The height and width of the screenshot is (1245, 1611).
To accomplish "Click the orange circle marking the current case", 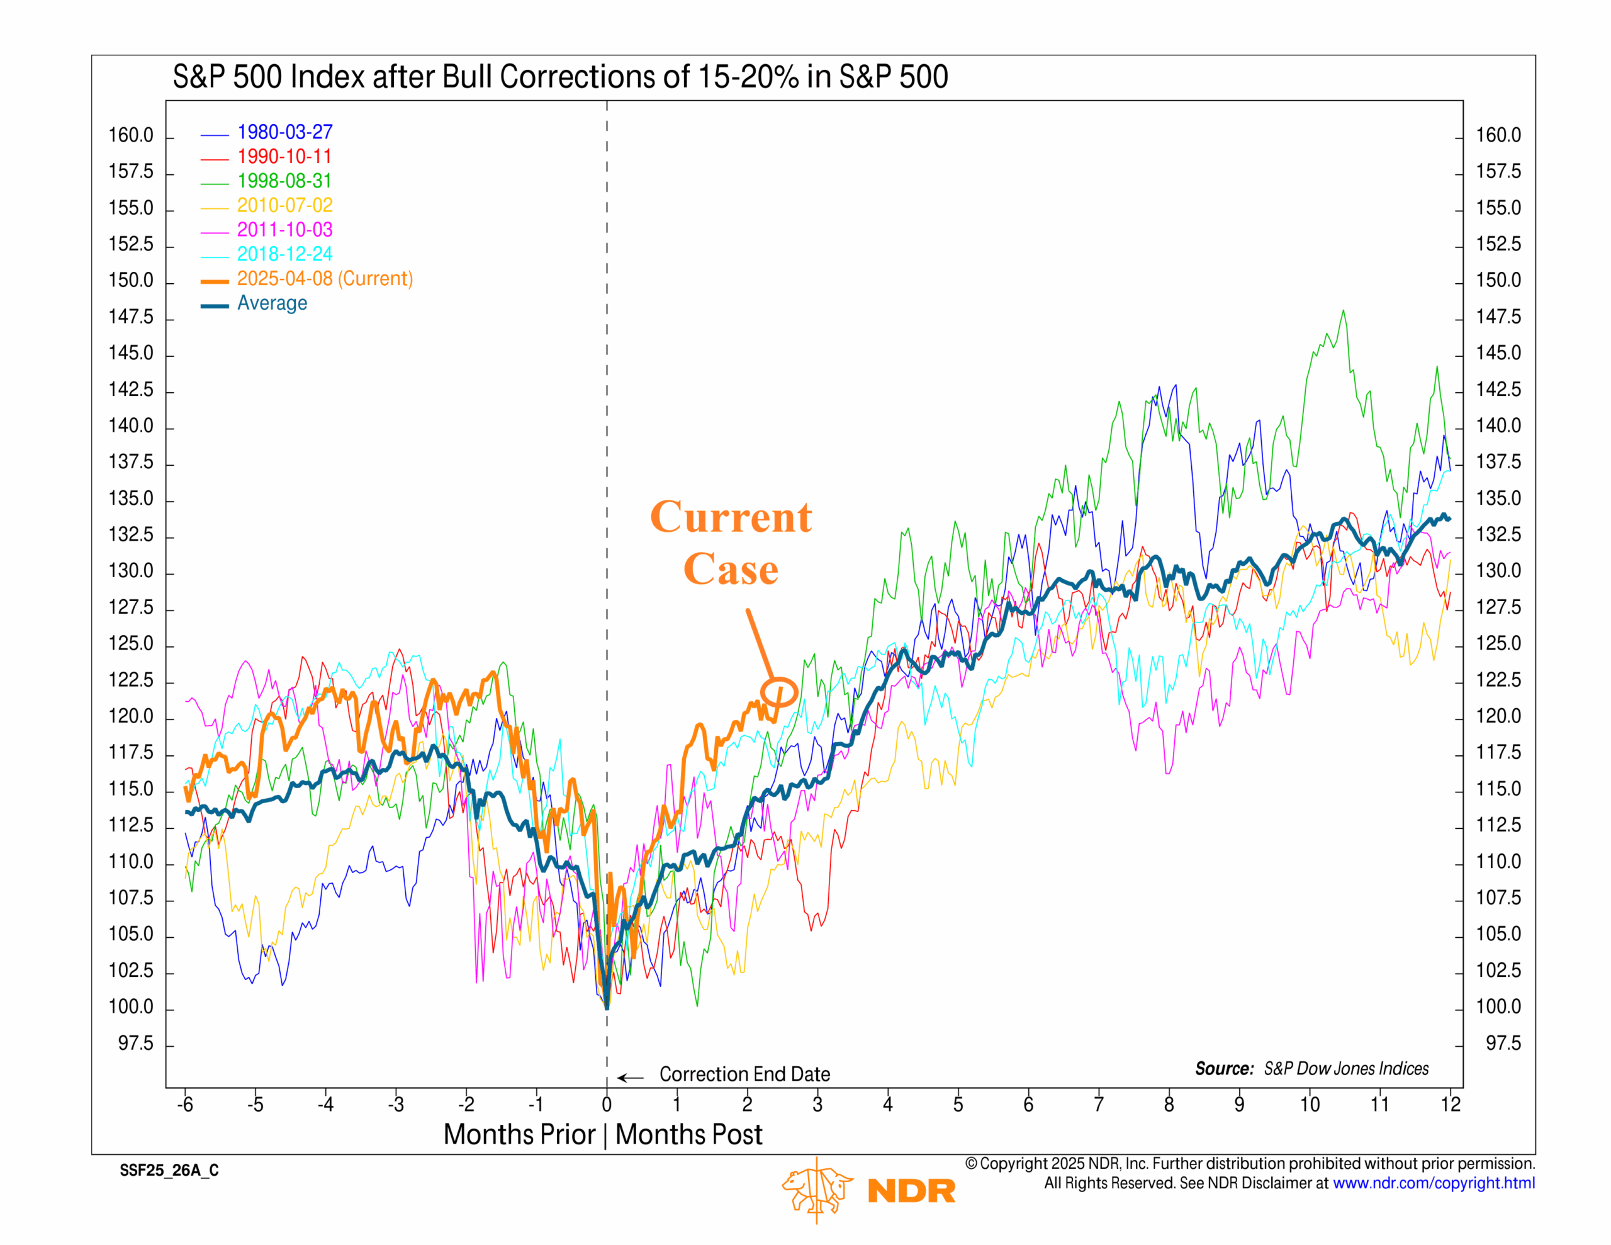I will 779,692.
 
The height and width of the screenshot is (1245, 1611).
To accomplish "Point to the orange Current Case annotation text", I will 730,543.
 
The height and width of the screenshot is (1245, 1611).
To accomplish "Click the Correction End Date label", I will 744,1074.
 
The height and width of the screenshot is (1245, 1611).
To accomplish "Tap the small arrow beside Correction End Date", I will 630,1078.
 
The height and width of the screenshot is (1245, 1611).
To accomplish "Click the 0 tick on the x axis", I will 607,1104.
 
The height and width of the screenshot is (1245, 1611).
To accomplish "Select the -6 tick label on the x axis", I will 184,1104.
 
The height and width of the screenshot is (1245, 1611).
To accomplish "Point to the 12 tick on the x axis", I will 1450,1104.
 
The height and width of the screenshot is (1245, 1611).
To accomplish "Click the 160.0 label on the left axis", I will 132,136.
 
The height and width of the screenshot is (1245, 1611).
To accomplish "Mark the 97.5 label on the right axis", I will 1503,1044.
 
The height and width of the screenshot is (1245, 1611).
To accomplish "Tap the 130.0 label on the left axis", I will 132,572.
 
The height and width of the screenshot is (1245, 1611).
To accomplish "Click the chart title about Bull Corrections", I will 560,77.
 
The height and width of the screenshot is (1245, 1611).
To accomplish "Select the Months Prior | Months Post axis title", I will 603,1134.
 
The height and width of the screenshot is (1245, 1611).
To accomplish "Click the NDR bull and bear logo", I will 817,1189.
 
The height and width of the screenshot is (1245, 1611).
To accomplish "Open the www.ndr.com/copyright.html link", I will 1434,1183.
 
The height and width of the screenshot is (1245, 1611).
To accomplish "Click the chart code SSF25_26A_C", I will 169,1171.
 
